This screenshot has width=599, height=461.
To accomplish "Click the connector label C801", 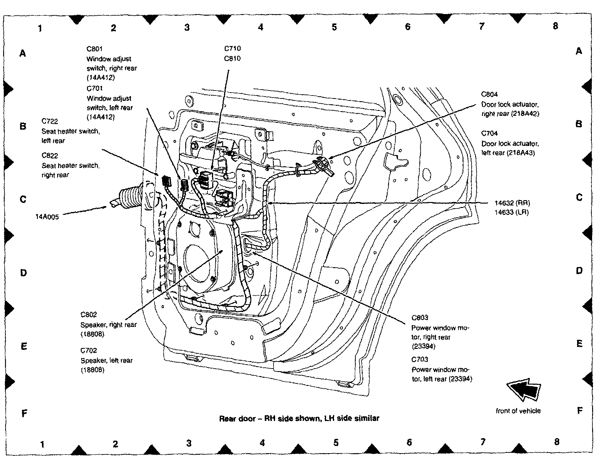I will click(95, 49).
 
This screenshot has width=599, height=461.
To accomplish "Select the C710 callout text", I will click(233, 49).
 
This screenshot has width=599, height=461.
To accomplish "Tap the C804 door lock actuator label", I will click(489, 94).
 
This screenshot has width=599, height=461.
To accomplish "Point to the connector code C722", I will click(50, 121).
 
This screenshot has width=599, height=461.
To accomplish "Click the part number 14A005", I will click(47, 217).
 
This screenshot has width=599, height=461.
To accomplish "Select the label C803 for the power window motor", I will click(420, 318).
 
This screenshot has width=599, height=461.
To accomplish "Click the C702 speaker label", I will click(89, 350).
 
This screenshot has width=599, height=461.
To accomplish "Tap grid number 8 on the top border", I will click(555, 26).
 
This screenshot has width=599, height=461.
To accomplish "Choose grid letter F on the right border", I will click(580, 410).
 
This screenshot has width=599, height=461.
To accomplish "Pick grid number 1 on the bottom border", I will click(42, 444).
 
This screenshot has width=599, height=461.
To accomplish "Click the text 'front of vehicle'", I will click(518, 411).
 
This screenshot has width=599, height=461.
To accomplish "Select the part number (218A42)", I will click(525, 114).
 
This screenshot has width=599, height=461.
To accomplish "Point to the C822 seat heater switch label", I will click(50, 156).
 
